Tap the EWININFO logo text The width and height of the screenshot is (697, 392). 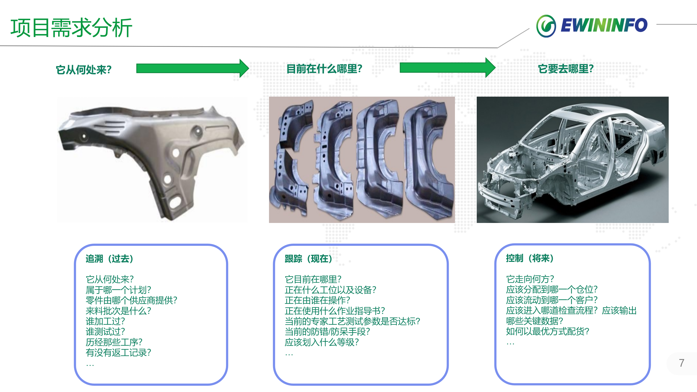(604, 25)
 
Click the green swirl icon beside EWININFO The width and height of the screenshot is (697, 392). (546, 26)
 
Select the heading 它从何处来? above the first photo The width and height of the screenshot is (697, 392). (84, 70)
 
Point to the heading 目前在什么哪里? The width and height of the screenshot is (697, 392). (324, 69)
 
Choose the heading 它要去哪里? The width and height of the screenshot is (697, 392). (566, 69)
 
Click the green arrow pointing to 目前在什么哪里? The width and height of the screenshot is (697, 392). (192, 68)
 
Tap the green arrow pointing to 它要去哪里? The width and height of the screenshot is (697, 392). (448, 68)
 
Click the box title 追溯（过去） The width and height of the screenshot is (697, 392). (109, 258)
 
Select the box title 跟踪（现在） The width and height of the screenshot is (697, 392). (308, 258)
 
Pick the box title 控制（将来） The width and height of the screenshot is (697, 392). (530, 258)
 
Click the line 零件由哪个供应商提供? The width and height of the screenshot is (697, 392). (132, 300)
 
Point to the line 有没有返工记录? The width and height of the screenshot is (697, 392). (118, 353)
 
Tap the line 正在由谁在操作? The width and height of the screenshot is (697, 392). (317, 300)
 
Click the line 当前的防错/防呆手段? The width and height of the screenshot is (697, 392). (327, 332)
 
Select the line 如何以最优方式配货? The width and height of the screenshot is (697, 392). (548, 331)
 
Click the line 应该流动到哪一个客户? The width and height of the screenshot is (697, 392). (552, 300)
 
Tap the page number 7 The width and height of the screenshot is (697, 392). (681, 363)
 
